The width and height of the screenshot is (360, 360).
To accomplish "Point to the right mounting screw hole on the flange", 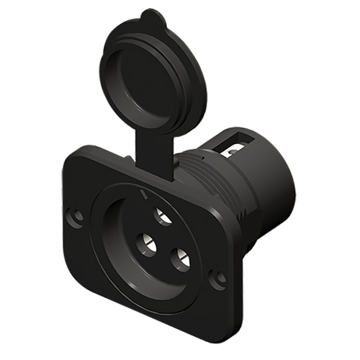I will [x=217, y=276].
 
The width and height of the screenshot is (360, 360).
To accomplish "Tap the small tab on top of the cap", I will [x=148, y=15].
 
